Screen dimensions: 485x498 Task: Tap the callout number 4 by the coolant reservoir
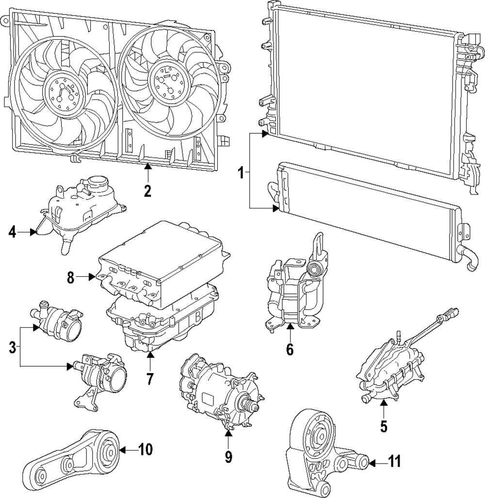tap(12, 232)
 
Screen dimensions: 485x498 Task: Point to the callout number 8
tap(71, 277)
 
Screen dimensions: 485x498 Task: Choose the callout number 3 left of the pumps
tap(12, 347)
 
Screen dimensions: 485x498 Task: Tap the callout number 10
tap(145, 449)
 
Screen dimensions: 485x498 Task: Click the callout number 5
tap(384, 426)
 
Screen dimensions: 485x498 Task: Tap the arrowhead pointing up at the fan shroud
tap(148, 166)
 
